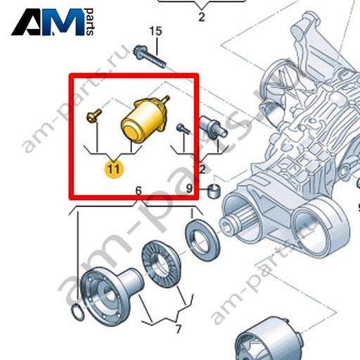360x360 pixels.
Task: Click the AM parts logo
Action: coord(53,22)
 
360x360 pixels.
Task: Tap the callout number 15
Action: coord(155,31)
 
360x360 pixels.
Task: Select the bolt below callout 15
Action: coord(150,57)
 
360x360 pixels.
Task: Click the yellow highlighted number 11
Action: coord(114,169)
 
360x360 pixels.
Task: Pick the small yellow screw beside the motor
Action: coord(94,115)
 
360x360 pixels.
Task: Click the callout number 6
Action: coord(139,191)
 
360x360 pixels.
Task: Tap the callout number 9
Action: coord(189,188)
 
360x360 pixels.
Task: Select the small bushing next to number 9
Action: coord(214,191)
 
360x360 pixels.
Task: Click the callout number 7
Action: coord(179,329)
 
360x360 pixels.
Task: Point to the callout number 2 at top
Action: coord(202,17)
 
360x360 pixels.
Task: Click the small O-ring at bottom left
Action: coord(77,313)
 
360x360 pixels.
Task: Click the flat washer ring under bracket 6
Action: coord(202,237)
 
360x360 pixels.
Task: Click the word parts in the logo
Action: coord(90,22)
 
